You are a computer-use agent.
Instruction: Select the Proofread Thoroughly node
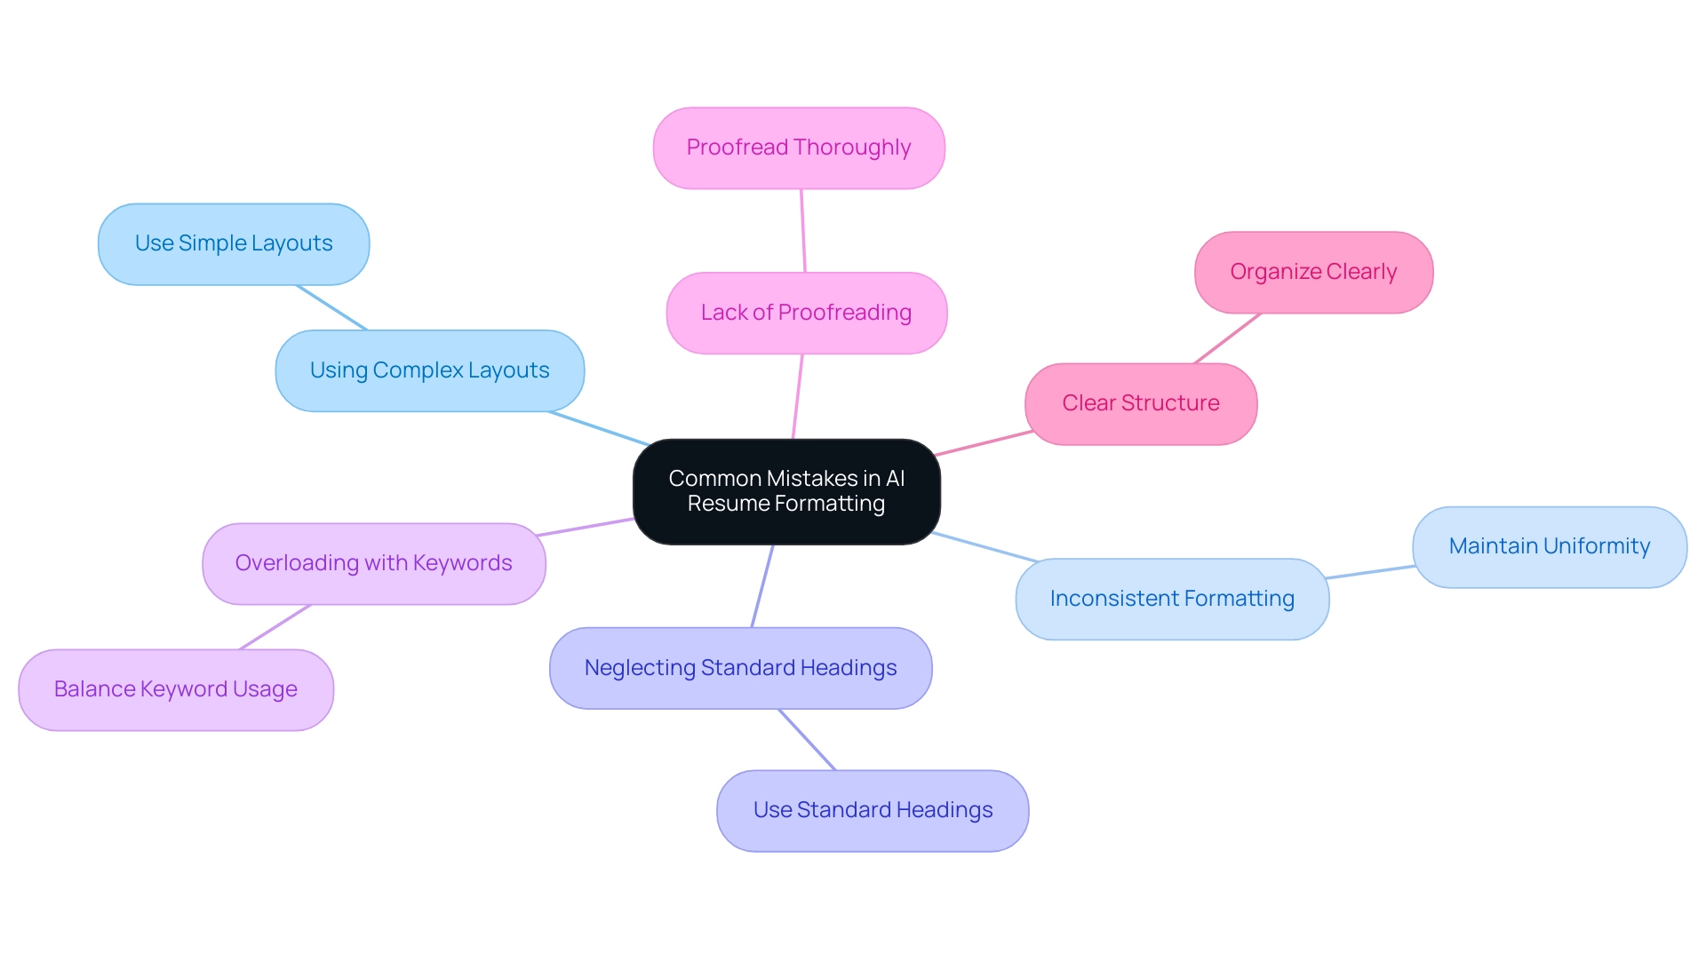coord(799,147)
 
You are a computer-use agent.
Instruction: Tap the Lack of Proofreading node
coord(806,313)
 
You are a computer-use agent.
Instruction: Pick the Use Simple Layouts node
coord(234,243)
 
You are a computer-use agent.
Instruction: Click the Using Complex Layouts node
coord(429,370)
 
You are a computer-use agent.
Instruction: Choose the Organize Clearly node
coord(1313,272)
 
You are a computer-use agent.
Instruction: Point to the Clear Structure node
coord(1141,403)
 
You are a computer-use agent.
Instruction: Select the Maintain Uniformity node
coord(1549,546)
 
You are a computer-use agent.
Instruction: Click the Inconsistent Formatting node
coord(1172,599)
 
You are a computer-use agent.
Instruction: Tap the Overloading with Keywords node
coord(373,563)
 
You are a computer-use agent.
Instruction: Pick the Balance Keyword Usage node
coord(176,689)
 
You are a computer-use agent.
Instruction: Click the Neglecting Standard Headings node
coord(740,668)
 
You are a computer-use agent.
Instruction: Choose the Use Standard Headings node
coord(873,810)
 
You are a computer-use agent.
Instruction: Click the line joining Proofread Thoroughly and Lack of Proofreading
coord(803,231)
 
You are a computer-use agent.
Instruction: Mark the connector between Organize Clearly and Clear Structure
coord(1227,338)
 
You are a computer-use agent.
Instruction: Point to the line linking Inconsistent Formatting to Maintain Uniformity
coord(1370,572)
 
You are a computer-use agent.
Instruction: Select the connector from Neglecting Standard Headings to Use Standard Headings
coord(807,740)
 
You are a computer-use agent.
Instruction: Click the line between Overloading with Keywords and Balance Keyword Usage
coord(275,627)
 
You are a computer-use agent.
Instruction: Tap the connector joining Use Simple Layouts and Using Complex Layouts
coord(331,307)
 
